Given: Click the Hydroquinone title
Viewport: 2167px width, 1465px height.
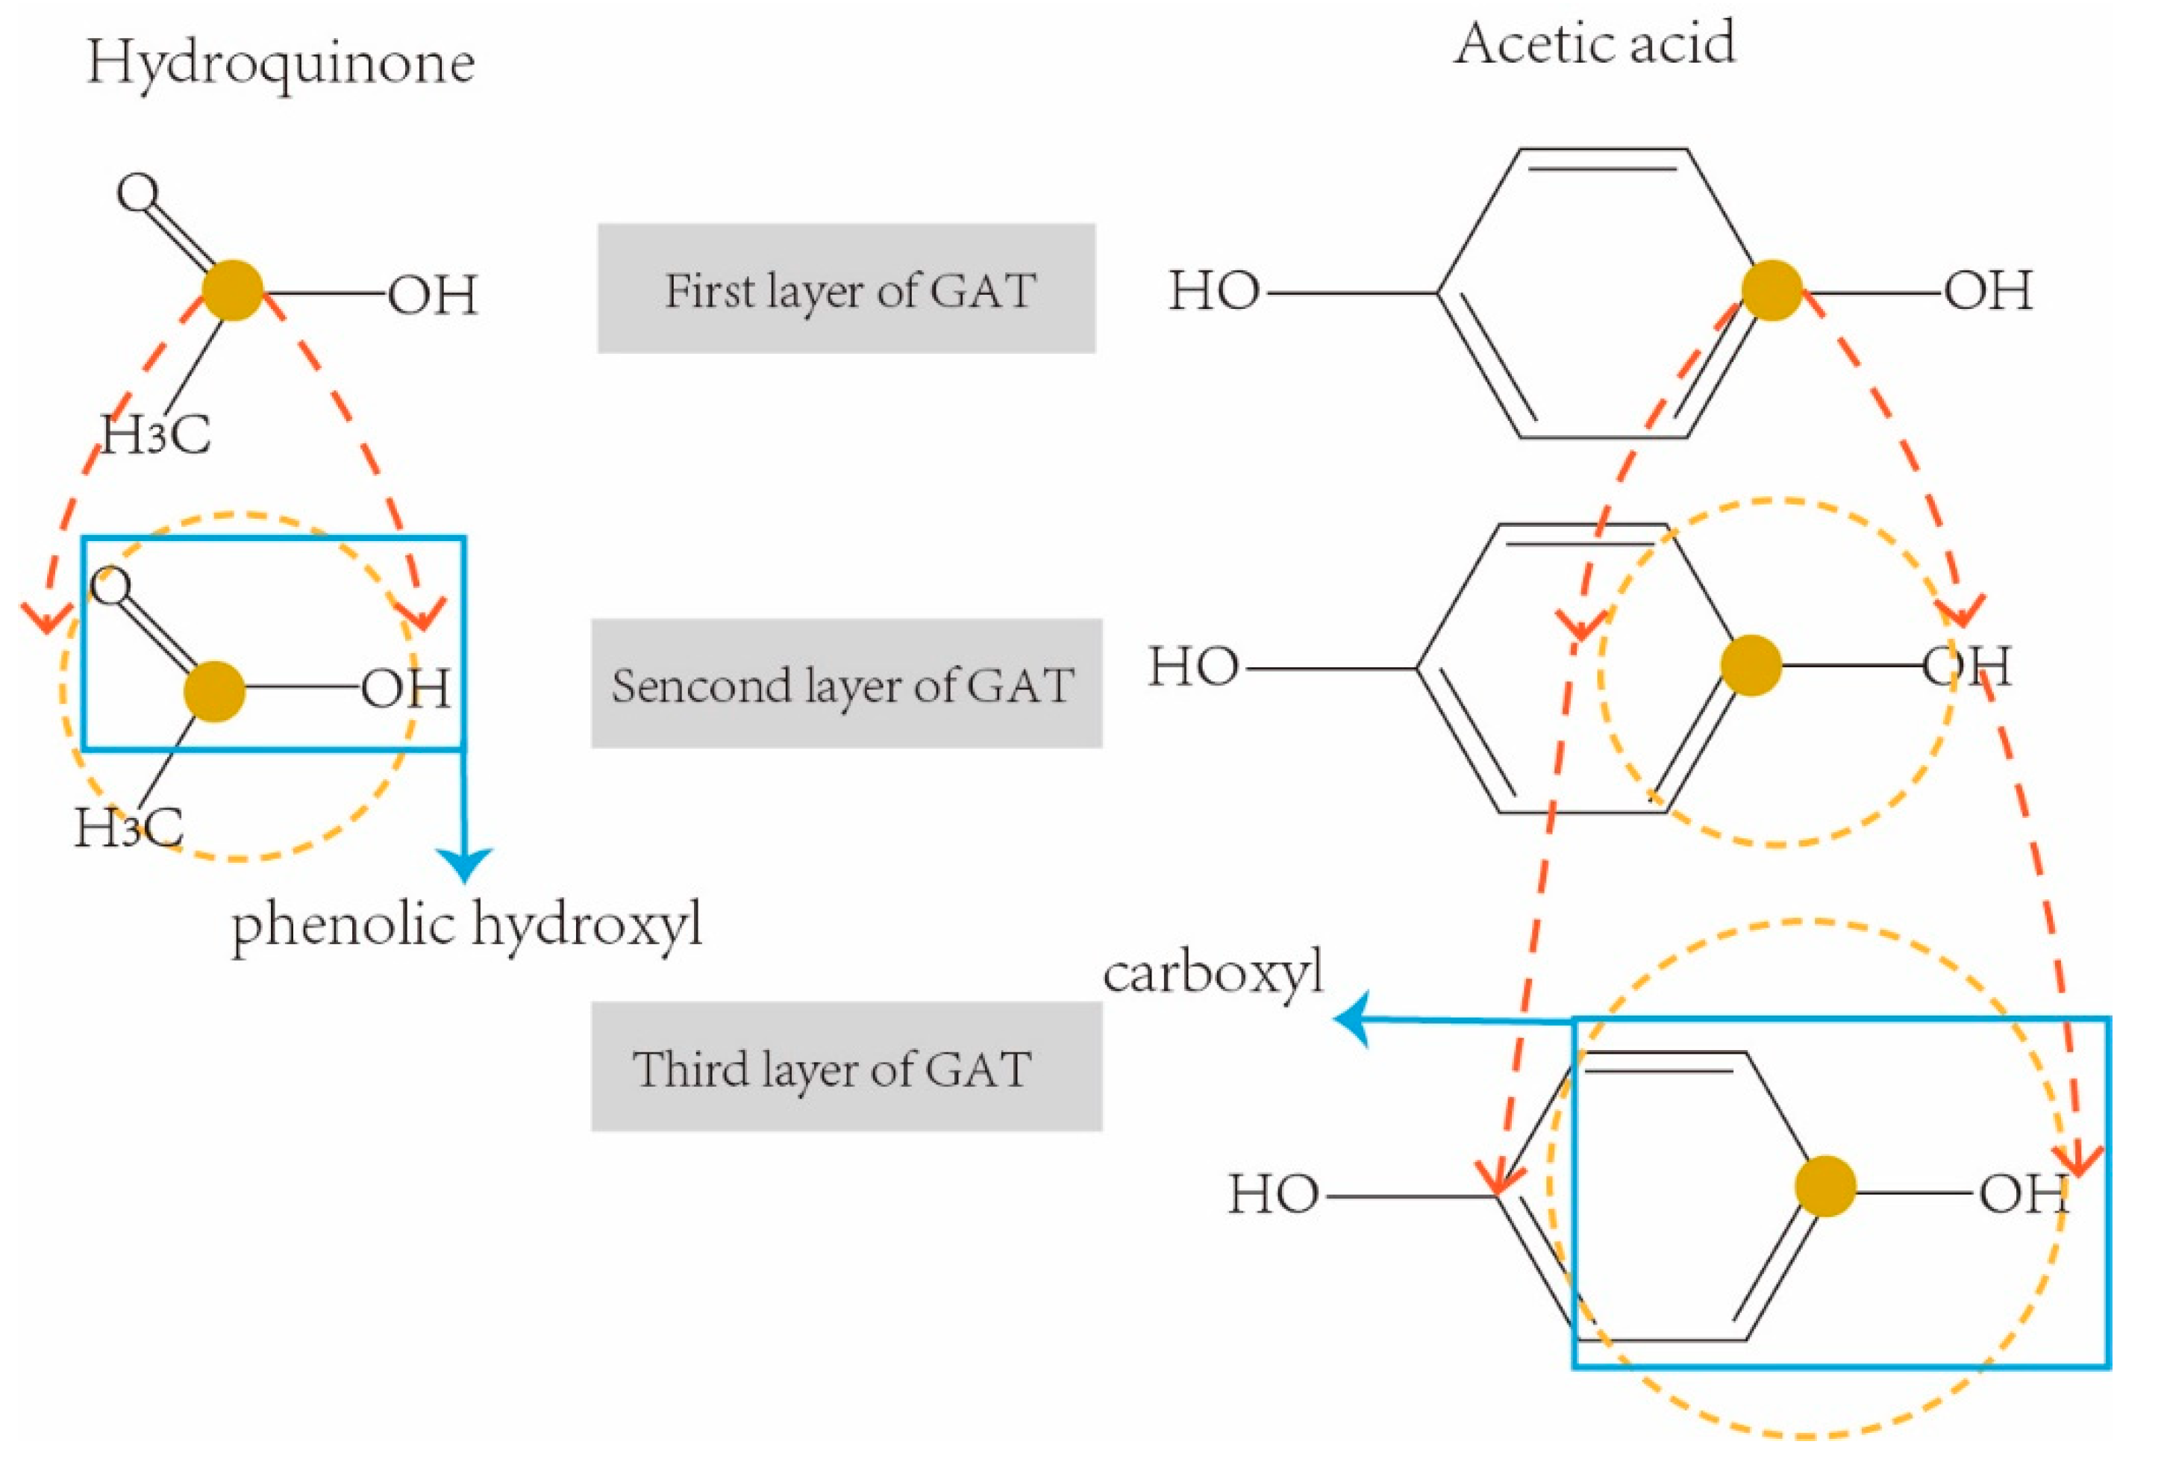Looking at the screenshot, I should point(281,63).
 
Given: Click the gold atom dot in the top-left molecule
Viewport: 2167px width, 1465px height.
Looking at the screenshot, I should point(232,290).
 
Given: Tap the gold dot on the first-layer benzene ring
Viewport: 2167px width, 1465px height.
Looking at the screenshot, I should point(1771,290).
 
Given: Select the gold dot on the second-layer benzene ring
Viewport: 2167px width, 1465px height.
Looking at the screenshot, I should point(1750,665).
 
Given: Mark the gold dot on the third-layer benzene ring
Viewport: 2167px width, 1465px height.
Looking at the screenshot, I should point(1824,1186).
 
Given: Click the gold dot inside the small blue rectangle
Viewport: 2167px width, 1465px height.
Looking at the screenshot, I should point(213,691).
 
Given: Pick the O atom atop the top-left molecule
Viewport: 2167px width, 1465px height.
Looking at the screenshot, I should point(138,193).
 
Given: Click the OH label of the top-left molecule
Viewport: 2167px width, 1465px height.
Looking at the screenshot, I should point(433,296).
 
